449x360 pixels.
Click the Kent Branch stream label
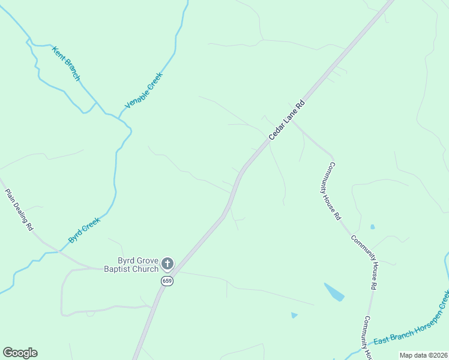(x=66, y=64)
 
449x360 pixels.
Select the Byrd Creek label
(x=83, y=230)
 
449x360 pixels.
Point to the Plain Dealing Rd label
(x=19, y=210)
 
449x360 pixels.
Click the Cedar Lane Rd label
(x=287, y=120)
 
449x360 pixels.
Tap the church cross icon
(x=167, y=263)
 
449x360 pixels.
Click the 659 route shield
(x=167, y=281)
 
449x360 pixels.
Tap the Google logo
(x=20, y=353)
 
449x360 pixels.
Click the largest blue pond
(x=334, y=292)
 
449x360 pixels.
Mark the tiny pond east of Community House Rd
(x=373, y=227)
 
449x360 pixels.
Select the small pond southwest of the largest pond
(x=294, y=314)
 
